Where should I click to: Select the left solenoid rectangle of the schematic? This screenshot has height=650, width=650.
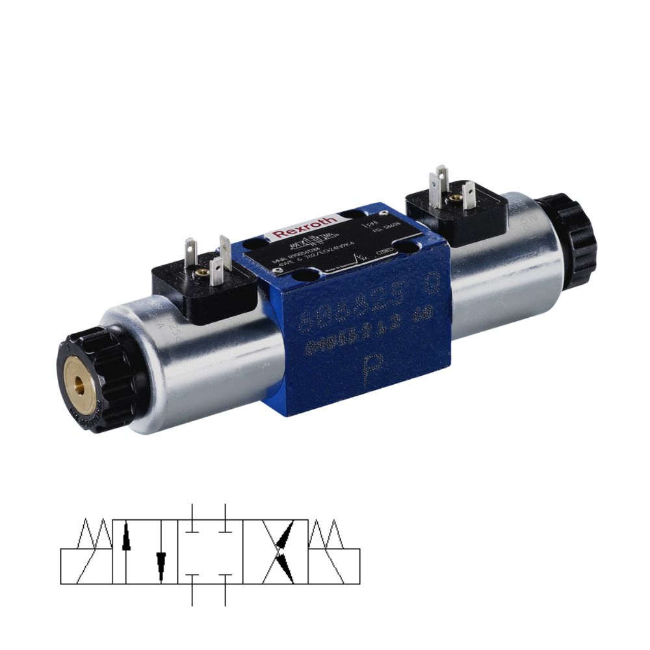click(86, 566)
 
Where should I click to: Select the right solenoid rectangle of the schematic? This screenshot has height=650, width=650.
click(334, 566)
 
